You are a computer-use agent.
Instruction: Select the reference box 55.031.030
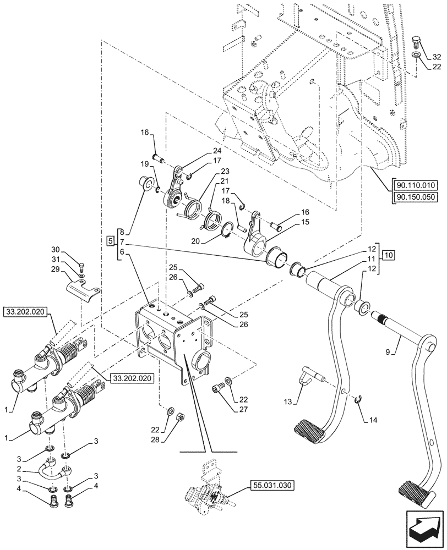coord(271,485)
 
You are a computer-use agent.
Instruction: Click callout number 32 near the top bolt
coord(436,57)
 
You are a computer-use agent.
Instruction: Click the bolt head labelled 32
coord(417,41)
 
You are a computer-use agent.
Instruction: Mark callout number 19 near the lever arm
coord(144,163)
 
